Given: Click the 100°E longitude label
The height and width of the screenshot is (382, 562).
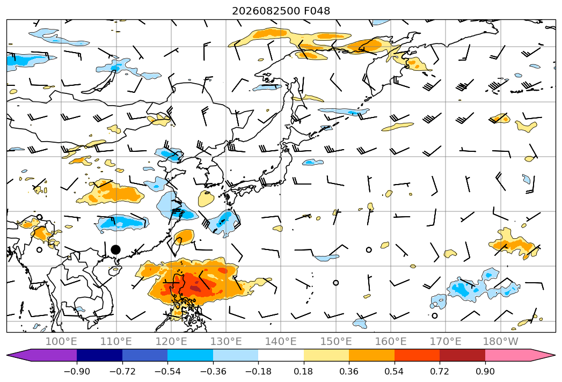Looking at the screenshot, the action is tap(61, 341).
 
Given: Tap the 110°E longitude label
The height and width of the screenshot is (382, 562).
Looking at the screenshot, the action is tap(116, 341).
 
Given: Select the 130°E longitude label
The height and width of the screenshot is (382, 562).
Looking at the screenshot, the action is tap(226, 341).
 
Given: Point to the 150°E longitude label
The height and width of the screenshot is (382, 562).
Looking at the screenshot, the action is tap(336, 341).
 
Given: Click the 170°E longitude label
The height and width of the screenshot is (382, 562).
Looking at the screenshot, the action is tap(446, 341).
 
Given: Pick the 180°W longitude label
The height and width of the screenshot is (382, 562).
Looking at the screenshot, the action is tap(500, 341).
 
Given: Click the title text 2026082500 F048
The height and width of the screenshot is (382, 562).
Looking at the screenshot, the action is tap(281, 11).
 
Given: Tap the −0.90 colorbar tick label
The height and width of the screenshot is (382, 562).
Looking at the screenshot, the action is tap(77, 371).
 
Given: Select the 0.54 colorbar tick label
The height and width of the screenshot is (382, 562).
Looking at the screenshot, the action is tap(395, 371).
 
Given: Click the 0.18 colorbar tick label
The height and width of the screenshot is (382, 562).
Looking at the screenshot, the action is tap(304, 371).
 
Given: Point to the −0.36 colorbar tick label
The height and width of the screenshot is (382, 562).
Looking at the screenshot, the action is tap(213, 371).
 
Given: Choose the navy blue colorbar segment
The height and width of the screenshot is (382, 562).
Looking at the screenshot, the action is tap(99, 355).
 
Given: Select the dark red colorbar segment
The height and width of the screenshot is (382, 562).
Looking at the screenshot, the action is tap(462, 355).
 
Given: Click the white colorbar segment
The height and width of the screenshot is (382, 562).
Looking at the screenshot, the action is tap(281, 355).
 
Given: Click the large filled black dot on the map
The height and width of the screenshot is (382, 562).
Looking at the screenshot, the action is tap(115, 250).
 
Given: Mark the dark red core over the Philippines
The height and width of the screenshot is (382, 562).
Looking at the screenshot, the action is tap(196, 289).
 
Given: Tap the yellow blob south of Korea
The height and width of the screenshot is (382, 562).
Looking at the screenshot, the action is tap(206, 199).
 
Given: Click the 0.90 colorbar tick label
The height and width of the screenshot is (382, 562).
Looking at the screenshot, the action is tap(485, 371).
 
